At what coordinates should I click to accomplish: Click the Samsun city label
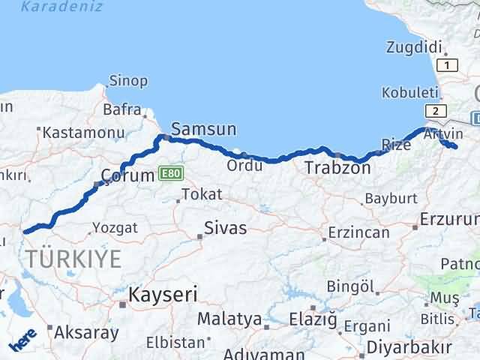tap(204, 129)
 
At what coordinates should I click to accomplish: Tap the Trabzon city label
tap(337, 169)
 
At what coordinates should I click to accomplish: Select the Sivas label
tap(226, 228)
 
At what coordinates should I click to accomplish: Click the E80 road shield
tap(170, 174)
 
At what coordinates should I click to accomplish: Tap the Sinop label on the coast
tap(128, 80)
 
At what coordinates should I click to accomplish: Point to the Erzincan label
tap(359, 232)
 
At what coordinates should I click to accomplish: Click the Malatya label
tap(229, 319)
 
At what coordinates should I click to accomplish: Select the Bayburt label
tap(390, 199)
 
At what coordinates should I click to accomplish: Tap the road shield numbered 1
tap(448, 66)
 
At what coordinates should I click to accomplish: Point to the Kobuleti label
tap(409, 92)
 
